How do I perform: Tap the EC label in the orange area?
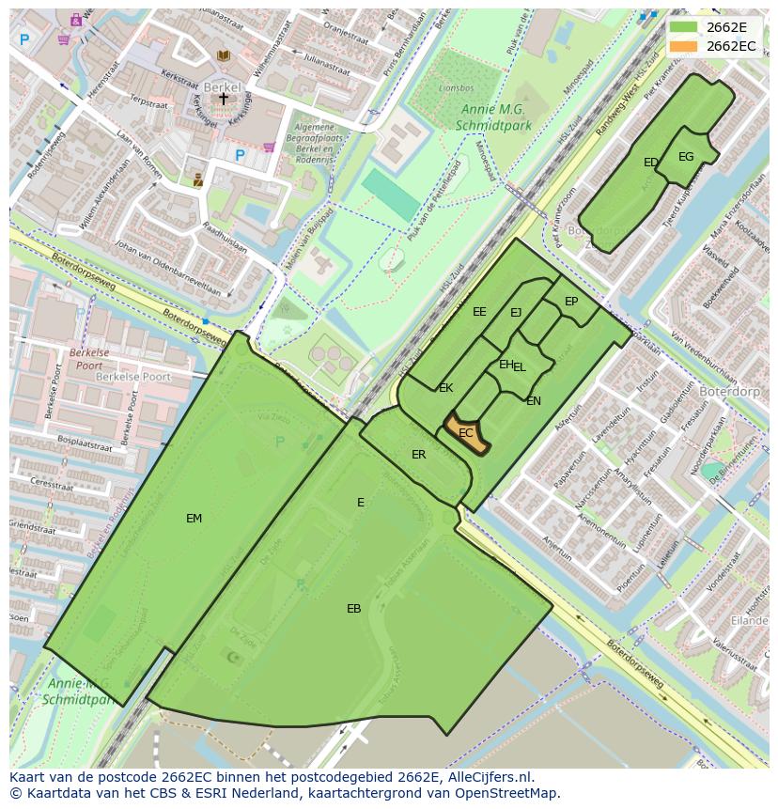466,433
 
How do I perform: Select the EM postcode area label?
194,518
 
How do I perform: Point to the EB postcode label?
353,609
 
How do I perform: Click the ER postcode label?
418,455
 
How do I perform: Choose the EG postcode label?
686,157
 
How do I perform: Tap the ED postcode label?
650,163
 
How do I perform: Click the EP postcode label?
571,302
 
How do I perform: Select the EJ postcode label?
516,313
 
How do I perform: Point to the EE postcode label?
479,312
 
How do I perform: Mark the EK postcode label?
445,388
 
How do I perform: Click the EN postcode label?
534,401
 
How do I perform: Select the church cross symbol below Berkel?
224,98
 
